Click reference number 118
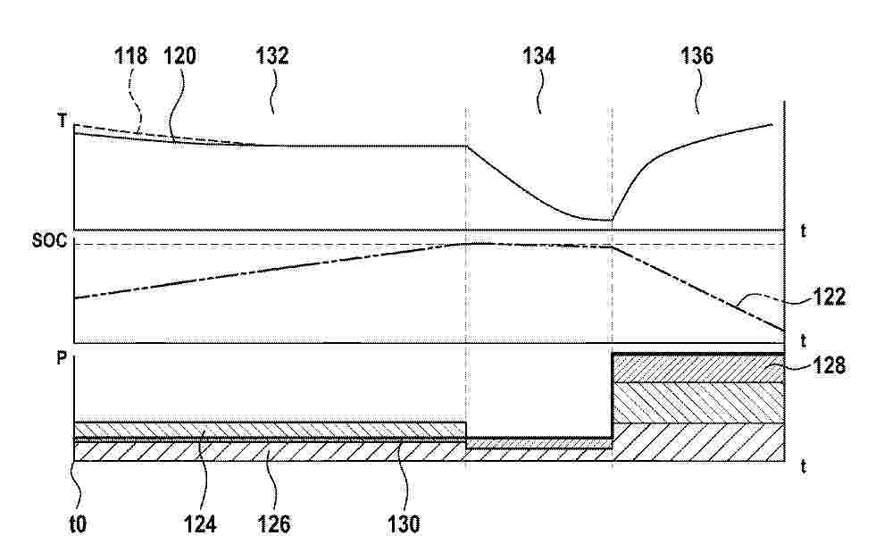(130, 55)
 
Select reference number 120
(179, 55)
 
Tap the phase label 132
(272, 55)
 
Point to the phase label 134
(539, 55)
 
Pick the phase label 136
(697, 55)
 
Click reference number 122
(830, 297)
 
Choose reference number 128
(830, 366)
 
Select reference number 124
(200, 525)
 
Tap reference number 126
(274, 525)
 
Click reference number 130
(404, 525)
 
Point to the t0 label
(78, 525)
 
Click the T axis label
(63, 121)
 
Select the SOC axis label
(49, 240)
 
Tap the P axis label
(62, 358)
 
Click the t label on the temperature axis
(804, 230)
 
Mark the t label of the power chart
(804, 466)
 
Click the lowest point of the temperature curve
(611, 221)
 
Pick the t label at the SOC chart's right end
(804, 341)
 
